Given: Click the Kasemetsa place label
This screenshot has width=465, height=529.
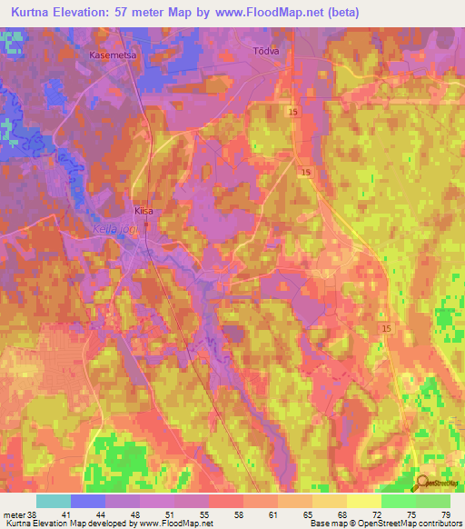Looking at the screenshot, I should (113, 55).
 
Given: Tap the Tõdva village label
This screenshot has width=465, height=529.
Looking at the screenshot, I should (264, 52).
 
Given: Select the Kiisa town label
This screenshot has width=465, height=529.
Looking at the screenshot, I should (143, 210).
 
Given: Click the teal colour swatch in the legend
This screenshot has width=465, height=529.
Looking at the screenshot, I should (54, 501).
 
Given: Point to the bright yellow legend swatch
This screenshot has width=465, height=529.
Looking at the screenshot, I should (364, 501).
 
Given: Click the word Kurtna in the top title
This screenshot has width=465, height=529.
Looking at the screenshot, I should (25, 13).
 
